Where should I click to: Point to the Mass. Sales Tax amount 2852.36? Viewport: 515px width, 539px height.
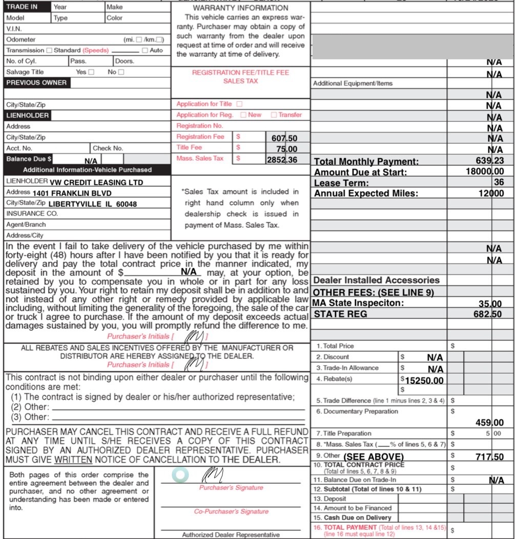pos(282,159)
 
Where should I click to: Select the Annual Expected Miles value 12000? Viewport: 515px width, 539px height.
pos(489,193)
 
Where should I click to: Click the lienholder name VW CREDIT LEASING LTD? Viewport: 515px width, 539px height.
pos(97,183)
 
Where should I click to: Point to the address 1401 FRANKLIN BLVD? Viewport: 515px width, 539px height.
pos(72,193)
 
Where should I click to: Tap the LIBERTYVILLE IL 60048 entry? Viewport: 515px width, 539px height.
pos(94,204)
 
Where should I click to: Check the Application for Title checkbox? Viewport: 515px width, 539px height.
pos(239,104)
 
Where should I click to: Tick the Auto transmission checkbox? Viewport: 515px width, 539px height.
pos(145,51)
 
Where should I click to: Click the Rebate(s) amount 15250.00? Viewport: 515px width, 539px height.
pos(424,381)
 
